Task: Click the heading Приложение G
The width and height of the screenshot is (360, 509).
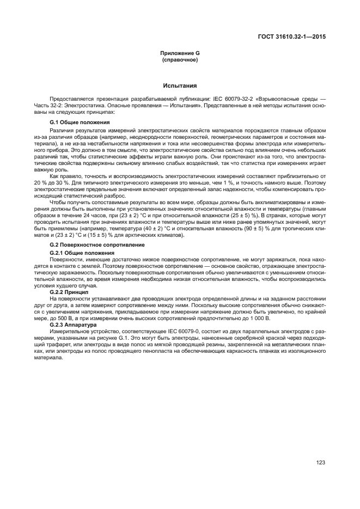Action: coord(179,53)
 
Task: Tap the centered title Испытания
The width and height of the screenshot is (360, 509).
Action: coord(179,86)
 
